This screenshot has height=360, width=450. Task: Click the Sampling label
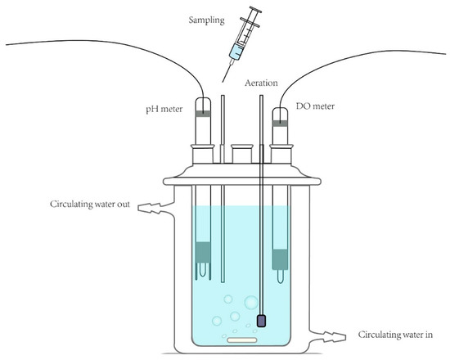206,20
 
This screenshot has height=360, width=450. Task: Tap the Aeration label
261,83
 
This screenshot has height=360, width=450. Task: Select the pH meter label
164,109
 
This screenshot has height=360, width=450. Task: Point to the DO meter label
315,106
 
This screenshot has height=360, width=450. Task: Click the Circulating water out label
90,204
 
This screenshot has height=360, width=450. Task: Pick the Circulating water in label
395,335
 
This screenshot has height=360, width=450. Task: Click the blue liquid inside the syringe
236,52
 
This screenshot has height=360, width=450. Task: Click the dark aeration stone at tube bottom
261,321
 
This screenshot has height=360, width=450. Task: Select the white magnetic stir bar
242,340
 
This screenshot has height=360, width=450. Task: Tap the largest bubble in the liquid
251,303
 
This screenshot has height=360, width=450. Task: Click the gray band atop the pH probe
203,114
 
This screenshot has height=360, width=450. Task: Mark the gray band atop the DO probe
280,124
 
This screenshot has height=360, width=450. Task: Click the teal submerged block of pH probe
203,252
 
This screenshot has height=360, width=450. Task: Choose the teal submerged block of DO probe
280,259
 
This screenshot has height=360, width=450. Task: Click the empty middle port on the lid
242,154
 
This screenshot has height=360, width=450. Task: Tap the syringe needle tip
223,82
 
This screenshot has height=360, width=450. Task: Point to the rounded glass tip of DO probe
281,277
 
